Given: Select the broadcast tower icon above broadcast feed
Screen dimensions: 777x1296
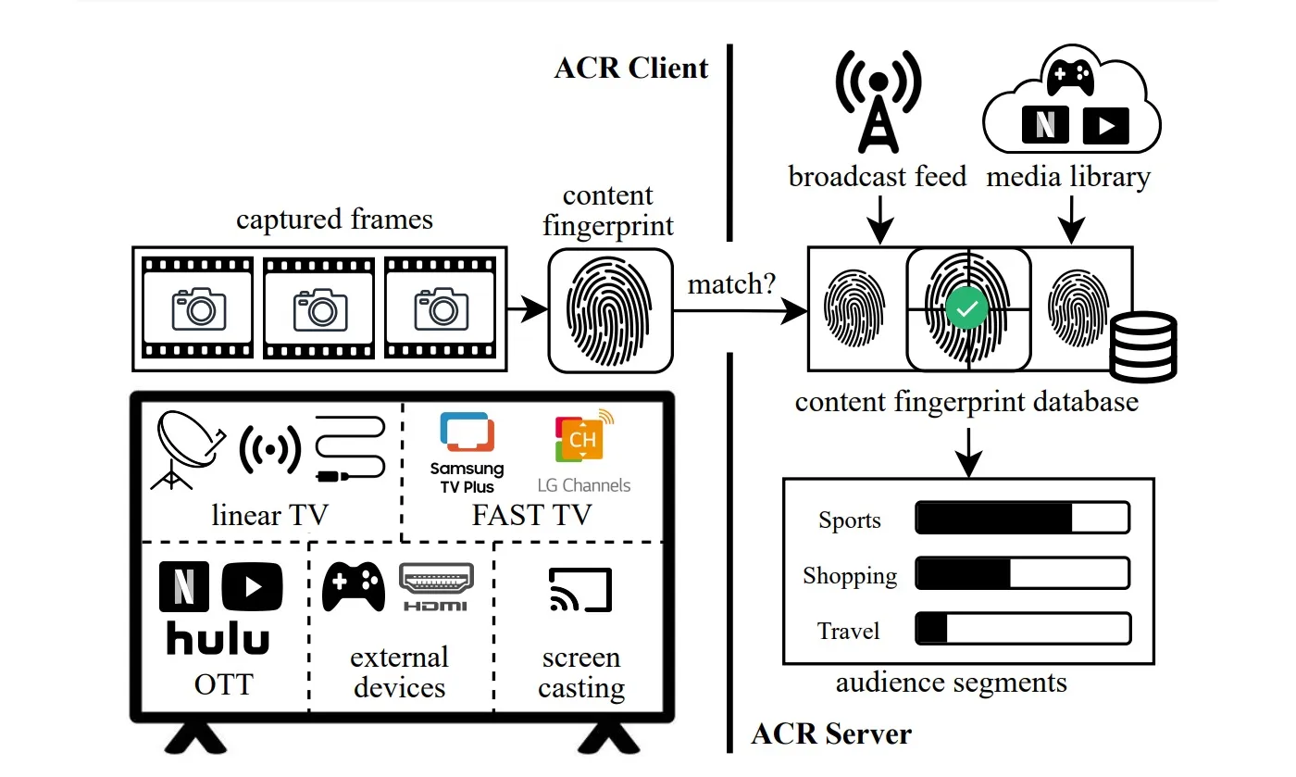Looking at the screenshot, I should pos(878,102).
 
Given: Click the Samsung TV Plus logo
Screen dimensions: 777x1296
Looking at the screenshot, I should pos(467,453).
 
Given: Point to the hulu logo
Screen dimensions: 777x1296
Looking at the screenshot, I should pos(218,639).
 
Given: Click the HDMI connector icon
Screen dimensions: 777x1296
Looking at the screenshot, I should pos(436,586).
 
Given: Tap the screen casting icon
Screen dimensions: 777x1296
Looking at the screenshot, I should pos(580,590).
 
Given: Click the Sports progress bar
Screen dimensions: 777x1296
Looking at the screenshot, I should pos(1022,518).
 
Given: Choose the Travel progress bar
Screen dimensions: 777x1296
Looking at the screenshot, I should pos(1022,629).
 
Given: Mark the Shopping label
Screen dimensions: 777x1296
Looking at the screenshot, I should pos(850,576).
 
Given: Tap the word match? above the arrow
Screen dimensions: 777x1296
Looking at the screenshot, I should pos(731,284).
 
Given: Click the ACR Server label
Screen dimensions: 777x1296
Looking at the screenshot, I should pos(831,734).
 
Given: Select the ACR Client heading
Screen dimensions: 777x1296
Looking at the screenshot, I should pos(631,68).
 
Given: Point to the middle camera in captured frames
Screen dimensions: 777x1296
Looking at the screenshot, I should pos(319,308).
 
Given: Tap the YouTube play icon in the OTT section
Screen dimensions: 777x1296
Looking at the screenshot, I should pos(252,587).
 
